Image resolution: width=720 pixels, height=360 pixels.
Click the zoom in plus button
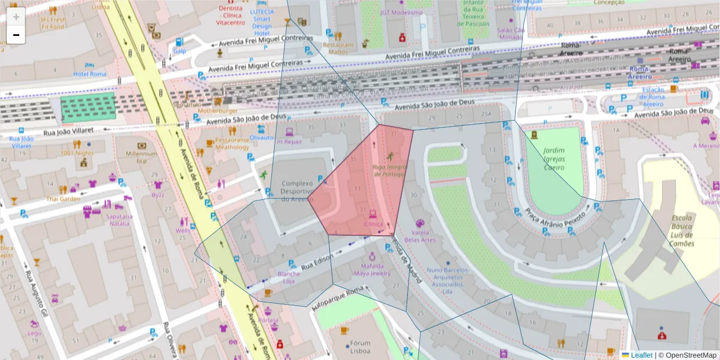(x=16, y=17)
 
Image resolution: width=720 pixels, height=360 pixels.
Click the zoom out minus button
(x=16, y=35)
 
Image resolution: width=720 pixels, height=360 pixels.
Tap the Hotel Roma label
(x=89, y=74)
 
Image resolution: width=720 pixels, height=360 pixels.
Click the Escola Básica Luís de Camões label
(x=683, y=231)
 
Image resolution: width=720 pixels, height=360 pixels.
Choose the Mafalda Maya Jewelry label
(x=372, y=269)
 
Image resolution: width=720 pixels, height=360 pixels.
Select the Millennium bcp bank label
(x=142, y=157)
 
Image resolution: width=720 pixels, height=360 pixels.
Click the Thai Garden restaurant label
(x=64, y=199)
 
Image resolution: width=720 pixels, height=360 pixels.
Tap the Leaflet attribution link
(x=641, y=355)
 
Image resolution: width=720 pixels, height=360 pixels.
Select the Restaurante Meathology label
(x=232, y=143)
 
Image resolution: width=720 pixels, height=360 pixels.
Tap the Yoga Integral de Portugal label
(x=388, y=170)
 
